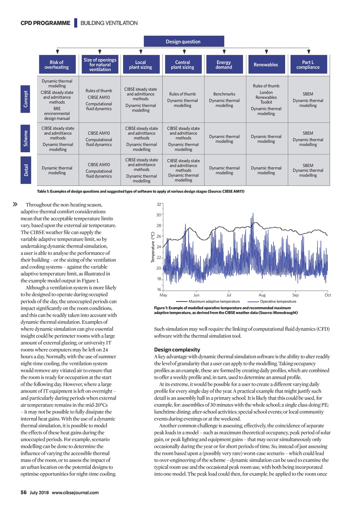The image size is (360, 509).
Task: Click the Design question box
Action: coord(184,41)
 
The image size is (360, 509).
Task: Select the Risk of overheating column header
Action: coord(57,65)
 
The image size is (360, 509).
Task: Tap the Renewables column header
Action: coord(266,65)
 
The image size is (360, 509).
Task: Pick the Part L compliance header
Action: coord(308,65)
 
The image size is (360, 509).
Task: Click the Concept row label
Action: coord(26,99)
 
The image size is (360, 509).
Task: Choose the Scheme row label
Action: coord(26,138)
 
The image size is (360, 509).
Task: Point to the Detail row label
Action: coord(26,170)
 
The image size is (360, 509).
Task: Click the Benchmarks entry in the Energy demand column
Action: coord(224,94)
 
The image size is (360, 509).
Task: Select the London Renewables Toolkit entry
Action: coord(266,97)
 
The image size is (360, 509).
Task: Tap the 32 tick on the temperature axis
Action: coord(159,204)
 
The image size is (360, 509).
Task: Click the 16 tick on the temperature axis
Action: coord(159,290)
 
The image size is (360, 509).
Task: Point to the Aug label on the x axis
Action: coord(262,295)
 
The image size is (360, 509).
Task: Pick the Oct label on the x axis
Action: coord(328,295)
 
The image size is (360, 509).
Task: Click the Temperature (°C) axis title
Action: coord(153,247)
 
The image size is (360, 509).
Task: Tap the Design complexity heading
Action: coord(177,349)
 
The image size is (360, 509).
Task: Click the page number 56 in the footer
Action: coord(24,492)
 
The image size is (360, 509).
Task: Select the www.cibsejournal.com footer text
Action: coord(75,492)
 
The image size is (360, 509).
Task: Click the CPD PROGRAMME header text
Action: coord(45,23)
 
